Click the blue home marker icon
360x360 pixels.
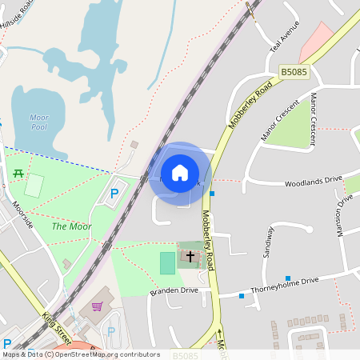[179, 173]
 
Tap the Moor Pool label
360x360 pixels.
[38, 122]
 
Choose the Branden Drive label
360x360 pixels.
[174, 291]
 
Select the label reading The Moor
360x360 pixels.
[72, 226]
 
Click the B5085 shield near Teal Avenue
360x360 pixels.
[294, 73]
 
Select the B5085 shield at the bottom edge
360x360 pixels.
[185, 355]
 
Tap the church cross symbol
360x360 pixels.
[190, 258]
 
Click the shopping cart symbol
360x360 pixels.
[97, 306]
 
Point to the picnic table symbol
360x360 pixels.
[18, 174]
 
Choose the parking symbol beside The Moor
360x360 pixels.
[114, 193]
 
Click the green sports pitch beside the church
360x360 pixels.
[166, 262]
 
